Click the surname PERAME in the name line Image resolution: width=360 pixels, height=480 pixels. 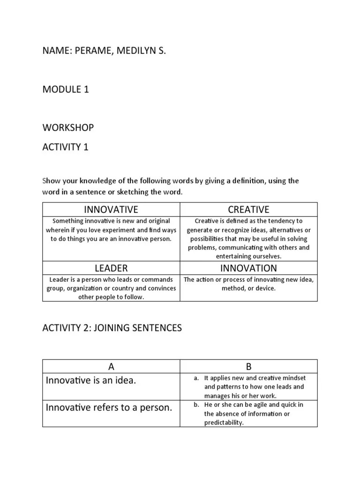click(91, 51)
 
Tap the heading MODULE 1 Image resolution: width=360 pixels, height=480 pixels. click(66, 90)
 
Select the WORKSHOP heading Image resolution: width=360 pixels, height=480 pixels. click(68, 127)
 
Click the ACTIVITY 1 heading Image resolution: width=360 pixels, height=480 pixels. click(66, 147)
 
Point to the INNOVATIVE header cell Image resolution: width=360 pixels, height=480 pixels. click(111, 210)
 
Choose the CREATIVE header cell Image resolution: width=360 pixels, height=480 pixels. click(248, 210)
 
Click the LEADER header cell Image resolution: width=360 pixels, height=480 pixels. click(111, 268)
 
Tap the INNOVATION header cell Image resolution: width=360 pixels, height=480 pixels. click(248, 268)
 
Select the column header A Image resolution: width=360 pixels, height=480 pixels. click(111, 366)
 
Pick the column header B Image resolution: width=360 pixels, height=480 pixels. click(248, 366)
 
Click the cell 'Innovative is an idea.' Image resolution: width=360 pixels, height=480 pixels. click(91, 381)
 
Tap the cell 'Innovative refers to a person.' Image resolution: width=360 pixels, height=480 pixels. click(109, 408)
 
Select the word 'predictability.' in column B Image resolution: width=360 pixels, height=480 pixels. click(224, 422)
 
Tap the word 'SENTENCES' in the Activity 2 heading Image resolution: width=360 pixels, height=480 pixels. click(157, 328)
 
